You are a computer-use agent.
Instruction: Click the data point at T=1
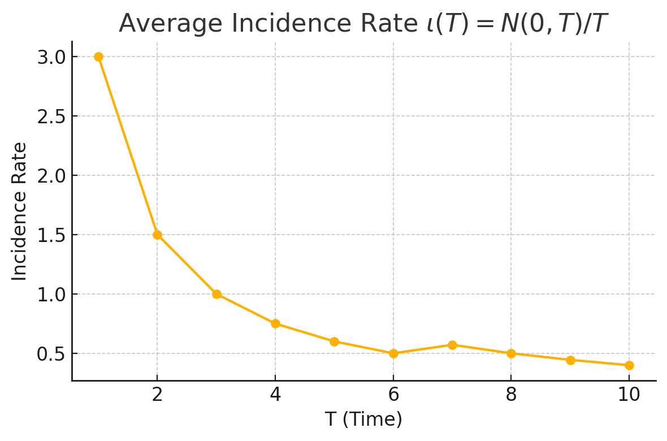coord(98,57)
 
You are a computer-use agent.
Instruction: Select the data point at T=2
coord(157,235)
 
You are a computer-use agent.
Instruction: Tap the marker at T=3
coord(216,294)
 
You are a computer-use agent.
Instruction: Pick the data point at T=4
coord(275,323)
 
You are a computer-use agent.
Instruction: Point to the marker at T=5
coord(334,341)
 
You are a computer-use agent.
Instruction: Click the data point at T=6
coord(393,353)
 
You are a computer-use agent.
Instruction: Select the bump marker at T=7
coord(452,345)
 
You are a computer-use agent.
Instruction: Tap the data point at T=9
coord(570,360)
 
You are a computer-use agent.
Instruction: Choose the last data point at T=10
coord(629,365)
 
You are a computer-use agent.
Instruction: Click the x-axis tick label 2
coord(157,395)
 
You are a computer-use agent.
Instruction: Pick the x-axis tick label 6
coord(393,395)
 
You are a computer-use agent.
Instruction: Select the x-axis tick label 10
coord(629,395)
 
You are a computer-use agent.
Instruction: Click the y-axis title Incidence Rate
coord(20,211)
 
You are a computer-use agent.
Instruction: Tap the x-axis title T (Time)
coord(363,420)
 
